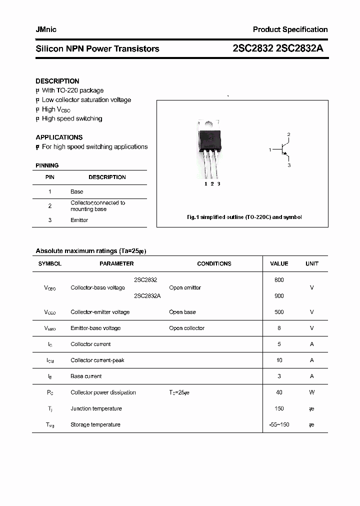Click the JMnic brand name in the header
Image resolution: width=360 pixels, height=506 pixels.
tap(46, 29)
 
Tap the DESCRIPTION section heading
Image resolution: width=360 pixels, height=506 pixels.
tap(57, 81)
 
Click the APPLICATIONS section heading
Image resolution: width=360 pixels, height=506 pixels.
tap(59, 137)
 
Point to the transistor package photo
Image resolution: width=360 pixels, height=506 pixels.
tap(210, 147)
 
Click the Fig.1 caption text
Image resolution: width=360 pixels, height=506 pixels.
tap(244, 217)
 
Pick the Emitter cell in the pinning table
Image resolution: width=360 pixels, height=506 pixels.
tap(79, 220)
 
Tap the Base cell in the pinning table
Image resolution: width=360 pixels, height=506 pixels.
tap(76, 191)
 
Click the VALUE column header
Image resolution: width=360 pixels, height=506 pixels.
tap(279, 263)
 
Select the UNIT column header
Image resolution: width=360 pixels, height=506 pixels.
tap(312, 263)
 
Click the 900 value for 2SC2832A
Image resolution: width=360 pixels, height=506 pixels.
tap(279, 296)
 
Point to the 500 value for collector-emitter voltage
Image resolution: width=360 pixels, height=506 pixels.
tap(279, 312)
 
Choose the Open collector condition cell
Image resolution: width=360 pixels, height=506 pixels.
tap(186, 328)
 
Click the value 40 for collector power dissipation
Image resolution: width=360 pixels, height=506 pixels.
tap(279, 392)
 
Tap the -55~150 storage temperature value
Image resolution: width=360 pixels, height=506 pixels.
tap(279, 424)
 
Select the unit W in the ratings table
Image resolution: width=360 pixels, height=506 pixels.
tap(312, 392)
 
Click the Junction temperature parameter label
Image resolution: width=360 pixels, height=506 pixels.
tap(96, 408)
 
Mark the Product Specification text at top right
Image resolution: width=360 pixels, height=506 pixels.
tap(290, 29)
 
